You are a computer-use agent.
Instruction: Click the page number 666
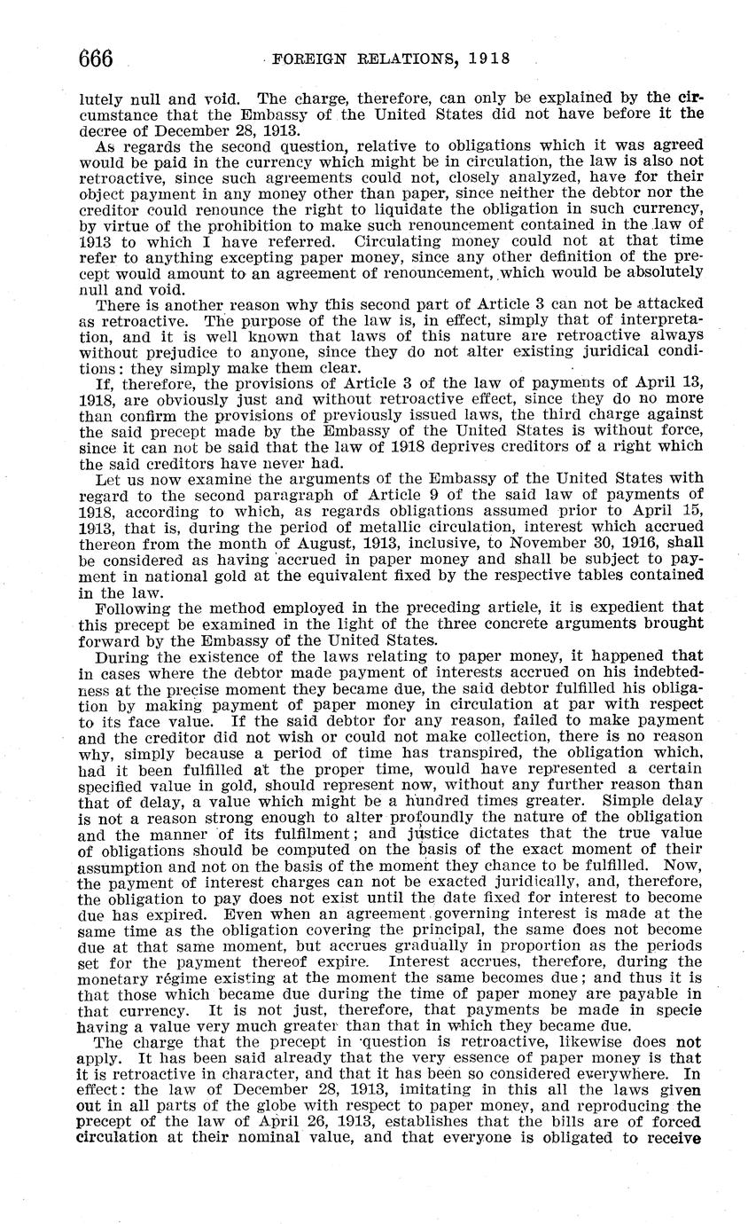click(96, 59)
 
